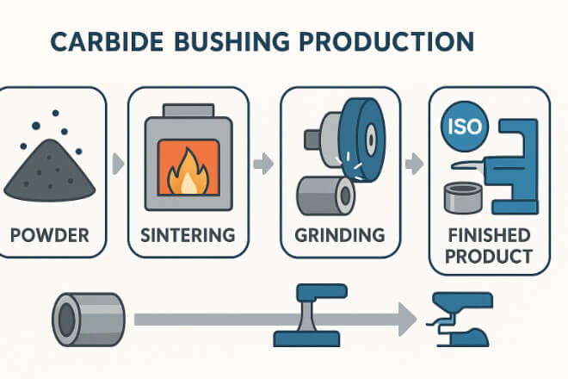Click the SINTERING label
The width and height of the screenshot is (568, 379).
tap(188, 233)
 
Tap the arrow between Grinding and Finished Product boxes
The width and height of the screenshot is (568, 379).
tap(414, 162)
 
